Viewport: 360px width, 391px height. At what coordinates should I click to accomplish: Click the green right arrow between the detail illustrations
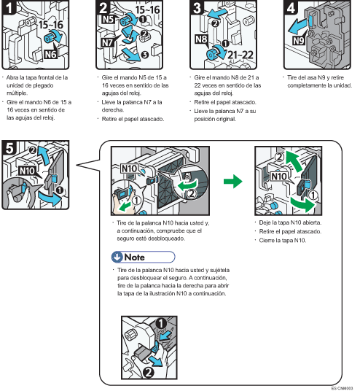230,179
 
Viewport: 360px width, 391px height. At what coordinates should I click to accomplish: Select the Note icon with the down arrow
117,256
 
